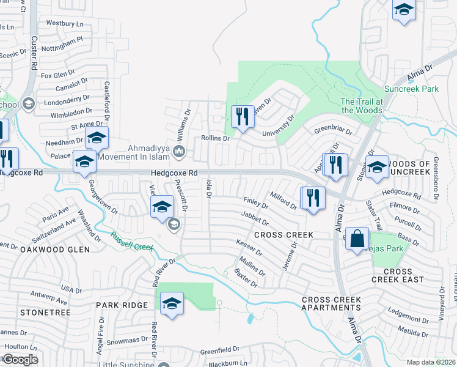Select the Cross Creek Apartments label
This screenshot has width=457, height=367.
click(331, 303)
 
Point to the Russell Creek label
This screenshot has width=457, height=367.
click(130, 240)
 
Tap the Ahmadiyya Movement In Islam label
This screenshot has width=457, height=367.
click(144, 152)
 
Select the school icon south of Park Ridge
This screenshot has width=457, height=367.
click(172, 304)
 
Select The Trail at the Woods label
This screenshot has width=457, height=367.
click(361, 106)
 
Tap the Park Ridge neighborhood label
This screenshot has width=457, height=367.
click(122, 305)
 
